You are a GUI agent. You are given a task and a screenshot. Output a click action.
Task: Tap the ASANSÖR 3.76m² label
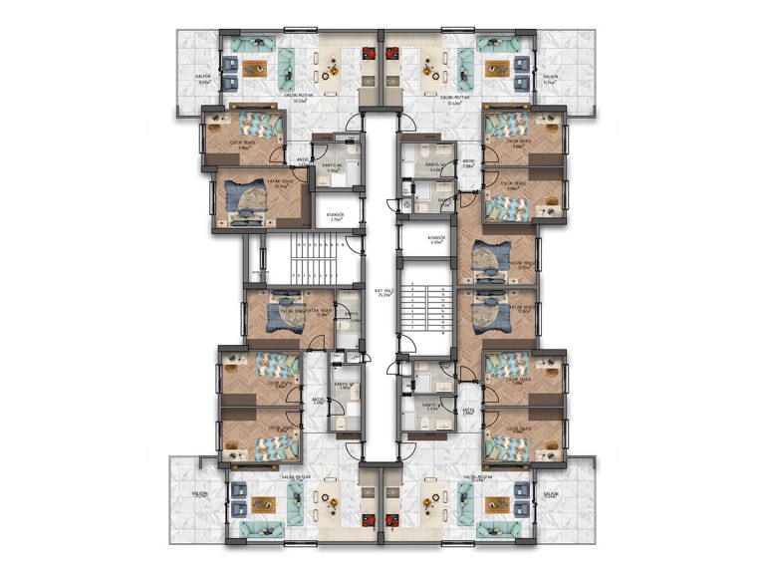(337, 215)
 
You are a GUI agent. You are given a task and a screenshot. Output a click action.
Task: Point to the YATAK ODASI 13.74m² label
(286, 181)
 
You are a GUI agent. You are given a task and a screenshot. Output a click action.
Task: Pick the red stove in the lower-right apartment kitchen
(397, 520)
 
